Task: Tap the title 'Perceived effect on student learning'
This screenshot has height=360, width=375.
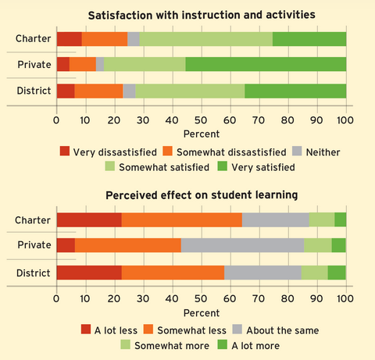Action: coord(201,194)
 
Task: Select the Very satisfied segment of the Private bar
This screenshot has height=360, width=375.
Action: coord(266,64)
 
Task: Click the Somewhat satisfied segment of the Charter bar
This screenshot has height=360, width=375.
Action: coord(205,38)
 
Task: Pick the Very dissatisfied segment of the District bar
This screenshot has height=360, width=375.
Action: coord(66,91)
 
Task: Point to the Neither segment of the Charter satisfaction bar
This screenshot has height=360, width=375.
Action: coord(134,38)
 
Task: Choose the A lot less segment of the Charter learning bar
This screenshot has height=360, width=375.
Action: coord(89,220)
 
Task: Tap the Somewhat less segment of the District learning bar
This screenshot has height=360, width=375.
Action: coord(173,273)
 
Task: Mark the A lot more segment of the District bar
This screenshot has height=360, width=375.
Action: coord(337,273)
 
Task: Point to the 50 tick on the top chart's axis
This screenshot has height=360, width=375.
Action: coord(201,119)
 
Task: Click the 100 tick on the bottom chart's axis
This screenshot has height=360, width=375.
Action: coord(345,298)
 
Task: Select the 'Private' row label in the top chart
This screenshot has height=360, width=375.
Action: coord(34,65)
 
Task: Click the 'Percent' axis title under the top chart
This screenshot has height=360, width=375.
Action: coord(201,134)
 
